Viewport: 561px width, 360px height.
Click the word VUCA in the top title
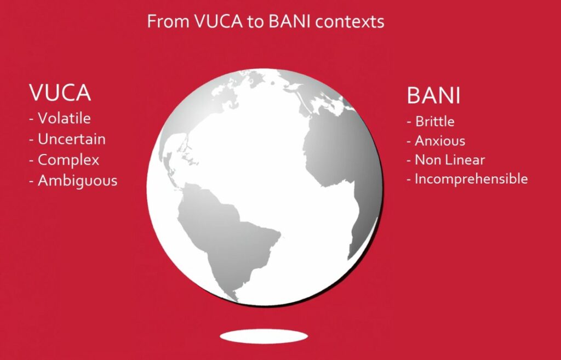pos(219,21)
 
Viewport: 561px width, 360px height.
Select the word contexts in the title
pos(350,22)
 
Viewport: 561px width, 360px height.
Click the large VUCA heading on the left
pos(60,93)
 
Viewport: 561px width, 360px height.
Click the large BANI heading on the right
pos(433,95)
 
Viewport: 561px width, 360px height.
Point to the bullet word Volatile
pos(64,118)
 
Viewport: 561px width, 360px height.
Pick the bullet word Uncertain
pos(72,139)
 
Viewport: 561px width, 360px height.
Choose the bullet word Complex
pos(68,160)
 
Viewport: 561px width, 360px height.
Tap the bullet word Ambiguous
pos(78,181)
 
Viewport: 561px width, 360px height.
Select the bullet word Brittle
pos(434,122)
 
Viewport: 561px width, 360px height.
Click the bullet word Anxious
pos(440,141)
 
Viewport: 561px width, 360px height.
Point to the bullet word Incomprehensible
pos(471,179)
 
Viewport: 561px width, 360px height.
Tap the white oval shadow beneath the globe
pos(264,337)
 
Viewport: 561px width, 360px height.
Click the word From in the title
pos(168,21)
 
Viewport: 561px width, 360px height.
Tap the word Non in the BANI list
pos(427,159)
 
